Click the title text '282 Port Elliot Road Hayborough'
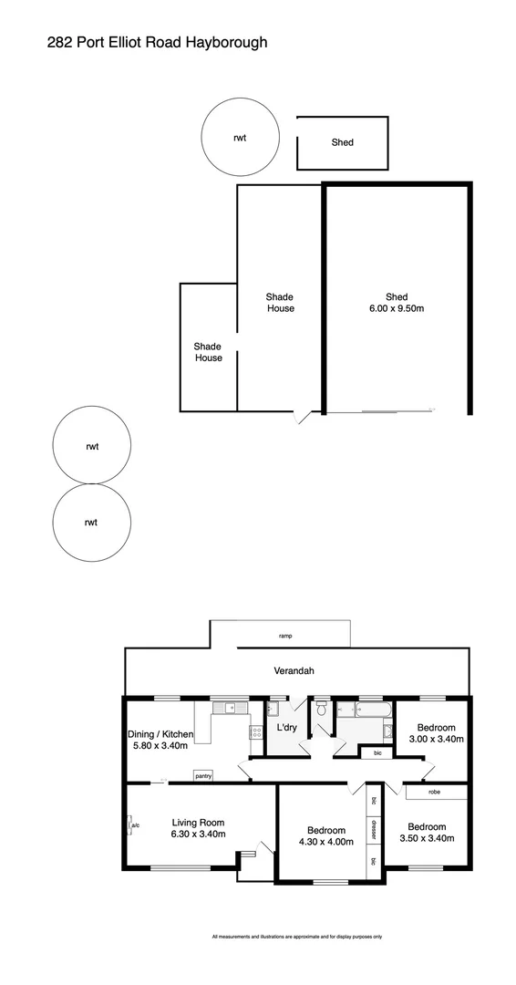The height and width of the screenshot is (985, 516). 157,42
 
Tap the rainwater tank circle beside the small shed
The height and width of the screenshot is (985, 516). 239,138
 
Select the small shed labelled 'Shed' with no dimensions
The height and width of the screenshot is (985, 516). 342,142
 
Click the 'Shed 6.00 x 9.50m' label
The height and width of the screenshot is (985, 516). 397,303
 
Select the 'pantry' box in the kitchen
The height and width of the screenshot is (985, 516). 203,776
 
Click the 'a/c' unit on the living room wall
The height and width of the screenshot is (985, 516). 134,826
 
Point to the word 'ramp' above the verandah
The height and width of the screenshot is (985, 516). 285,635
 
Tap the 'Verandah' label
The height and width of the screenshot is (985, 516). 294,671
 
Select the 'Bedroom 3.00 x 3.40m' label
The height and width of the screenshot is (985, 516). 432,733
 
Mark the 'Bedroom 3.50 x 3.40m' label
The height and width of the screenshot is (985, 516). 433,833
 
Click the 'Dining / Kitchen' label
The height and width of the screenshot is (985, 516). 160,739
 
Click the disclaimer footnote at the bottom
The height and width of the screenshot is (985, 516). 296,937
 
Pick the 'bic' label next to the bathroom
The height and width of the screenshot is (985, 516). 377,753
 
